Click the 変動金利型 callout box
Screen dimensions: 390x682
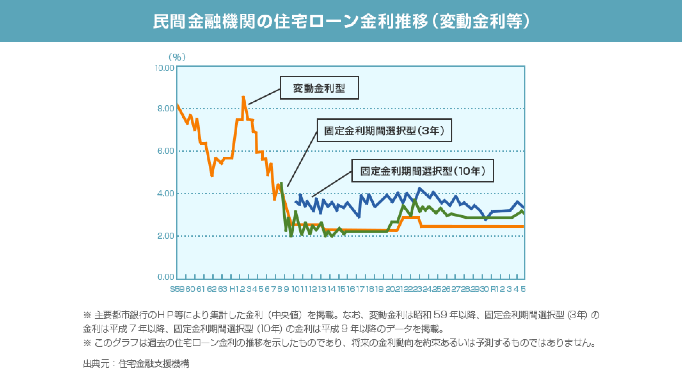(319, 88)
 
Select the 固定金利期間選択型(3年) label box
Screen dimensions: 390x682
(384, 131)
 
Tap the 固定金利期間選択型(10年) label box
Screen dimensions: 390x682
(422, 171)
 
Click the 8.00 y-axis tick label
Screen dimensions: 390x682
(166, 109)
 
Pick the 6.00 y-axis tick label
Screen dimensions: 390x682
(166, 151)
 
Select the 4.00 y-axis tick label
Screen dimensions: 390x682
(166, 194)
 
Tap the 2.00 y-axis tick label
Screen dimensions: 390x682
(166, 236)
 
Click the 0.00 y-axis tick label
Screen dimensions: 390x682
(166, 277)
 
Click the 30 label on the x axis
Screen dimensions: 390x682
(484, 289)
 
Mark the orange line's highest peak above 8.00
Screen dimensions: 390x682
(243, 97)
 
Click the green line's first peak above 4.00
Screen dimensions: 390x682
(281, 183)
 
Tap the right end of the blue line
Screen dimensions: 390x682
(524, 208)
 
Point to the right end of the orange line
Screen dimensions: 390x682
(523, 226)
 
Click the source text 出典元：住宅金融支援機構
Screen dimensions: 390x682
(136, 364)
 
